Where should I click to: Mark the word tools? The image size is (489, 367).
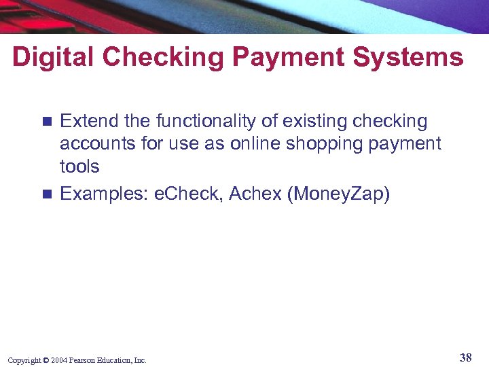79,167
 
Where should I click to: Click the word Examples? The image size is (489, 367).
105,194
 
